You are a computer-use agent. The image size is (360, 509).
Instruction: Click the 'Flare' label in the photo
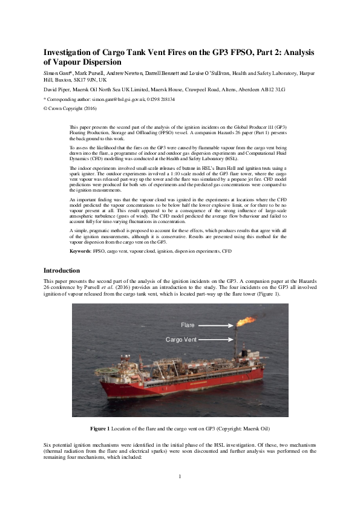pyautogui.click(x=188, y=326)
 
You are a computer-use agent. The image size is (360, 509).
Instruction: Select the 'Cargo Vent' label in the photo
pyautogui.click(x=181, y=340)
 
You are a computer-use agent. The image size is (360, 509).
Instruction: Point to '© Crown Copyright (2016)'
pyautogui.click(x=70, y=108)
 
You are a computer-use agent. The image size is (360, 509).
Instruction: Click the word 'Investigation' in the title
pyautogui.click(x=73, y=51)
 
